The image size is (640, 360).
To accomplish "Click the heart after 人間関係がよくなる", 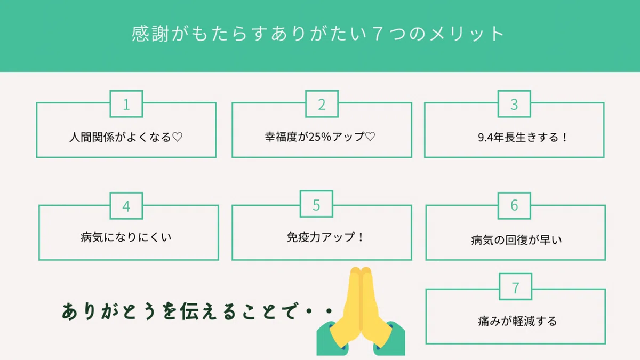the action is (177, 137).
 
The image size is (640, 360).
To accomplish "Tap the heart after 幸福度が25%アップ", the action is (370, 137).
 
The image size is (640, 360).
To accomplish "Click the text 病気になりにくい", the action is (126, 237).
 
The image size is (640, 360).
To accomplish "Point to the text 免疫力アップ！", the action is (325, 237).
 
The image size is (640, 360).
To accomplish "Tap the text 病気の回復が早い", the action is (516, 240).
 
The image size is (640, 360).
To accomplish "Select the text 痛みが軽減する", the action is (517, 321).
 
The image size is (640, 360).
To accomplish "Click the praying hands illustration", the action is (361, 311).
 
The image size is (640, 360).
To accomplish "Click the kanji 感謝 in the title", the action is (150, 34).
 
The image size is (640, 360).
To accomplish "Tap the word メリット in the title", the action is (467, 34).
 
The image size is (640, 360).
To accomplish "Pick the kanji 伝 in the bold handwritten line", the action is (189, 311).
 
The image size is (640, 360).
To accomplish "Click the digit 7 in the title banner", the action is (378, 34).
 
